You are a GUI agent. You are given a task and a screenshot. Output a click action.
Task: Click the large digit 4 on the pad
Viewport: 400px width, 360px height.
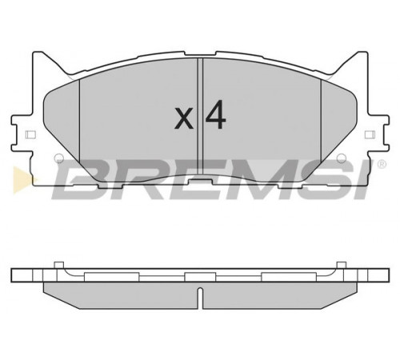coord(215,114)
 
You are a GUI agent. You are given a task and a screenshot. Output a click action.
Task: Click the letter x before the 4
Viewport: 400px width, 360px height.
coord(184,119)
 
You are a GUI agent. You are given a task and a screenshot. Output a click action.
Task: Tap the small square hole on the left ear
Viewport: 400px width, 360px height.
coord(30,134)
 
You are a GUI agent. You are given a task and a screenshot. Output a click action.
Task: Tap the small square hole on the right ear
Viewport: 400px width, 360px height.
coord(370,134)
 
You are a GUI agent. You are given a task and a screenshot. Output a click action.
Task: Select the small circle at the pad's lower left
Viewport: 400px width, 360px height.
coord(58,158)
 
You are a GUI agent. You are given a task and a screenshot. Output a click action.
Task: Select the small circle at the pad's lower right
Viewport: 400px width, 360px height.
coord(342,158)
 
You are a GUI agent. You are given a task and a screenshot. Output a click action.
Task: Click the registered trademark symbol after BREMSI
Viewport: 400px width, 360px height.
coord(382,164)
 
